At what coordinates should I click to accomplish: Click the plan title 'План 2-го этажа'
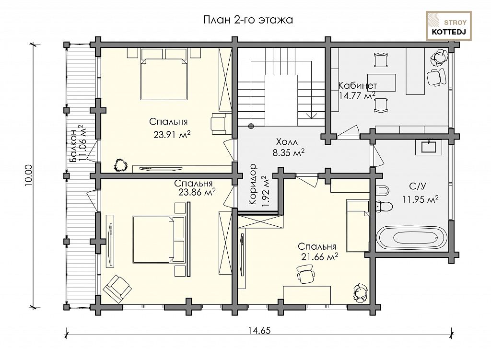pyautogui.click(x=248, y=20)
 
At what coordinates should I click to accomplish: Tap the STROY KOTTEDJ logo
pyautogui.click(x=449, y=26)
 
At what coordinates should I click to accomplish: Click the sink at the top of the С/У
pyautogui.click(x=429, y=147)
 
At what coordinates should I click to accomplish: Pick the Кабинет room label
pyautogui.click(x=358, y=85)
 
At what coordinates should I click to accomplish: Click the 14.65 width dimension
pyautogui.click(x=259, y=330)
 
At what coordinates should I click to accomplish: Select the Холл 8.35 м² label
pyautogui.click(x=288, y=147)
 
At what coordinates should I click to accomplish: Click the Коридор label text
pyautogui.click(x=253, y=185)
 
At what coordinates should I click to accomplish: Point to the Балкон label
pyautogui.click(x=73, y=146)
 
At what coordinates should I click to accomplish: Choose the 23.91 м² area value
pyautogui.click(x=172, y=135)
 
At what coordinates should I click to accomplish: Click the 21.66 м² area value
pyautogui.click(x=320, y=257)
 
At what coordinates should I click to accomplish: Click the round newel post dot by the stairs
pyautogui.click(x=251, y=126)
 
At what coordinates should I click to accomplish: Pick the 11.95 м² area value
pyautogui.click(x=420, y=199)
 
